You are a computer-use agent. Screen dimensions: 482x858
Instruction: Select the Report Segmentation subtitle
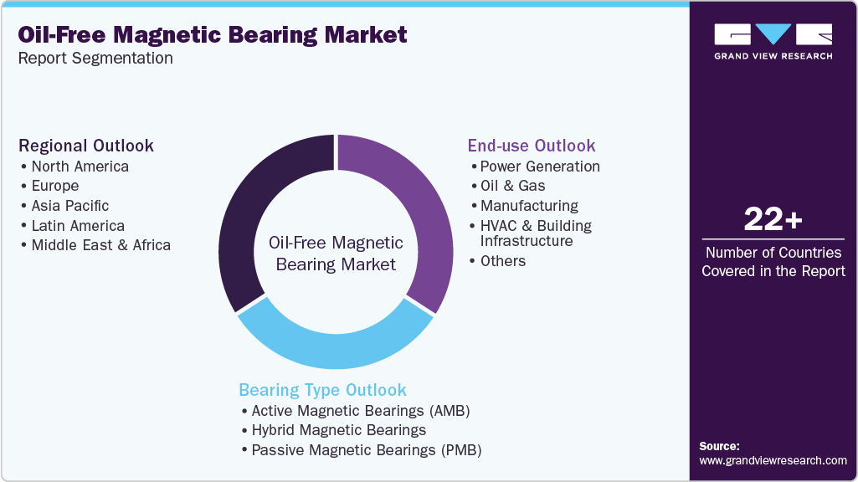95,58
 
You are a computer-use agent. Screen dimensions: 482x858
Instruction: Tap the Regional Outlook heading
86,146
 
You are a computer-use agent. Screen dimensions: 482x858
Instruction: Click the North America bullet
80,166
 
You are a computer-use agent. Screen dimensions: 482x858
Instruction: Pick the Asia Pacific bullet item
69,206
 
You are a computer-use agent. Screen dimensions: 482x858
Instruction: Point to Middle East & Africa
100,245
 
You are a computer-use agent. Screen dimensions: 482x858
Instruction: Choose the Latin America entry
78,226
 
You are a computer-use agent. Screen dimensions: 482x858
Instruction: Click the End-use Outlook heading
532,146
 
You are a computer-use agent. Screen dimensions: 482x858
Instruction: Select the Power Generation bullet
539,166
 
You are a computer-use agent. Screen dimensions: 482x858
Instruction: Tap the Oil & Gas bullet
512,186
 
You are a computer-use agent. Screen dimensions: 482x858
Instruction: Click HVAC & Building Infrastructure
536,233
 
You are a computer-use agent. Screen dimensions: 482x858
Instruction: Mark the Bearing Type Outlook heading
322,390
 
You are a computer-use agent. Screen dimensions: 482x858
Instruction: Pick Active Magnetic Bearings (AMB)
361,411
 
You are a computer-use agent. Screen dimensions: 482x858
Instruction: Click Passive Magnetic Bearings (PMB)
366,450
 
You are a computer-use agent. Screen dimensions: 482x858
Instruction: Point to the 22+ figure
773,221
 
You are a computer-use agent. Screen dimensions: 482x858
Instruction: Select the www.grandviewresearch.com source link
773,460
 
